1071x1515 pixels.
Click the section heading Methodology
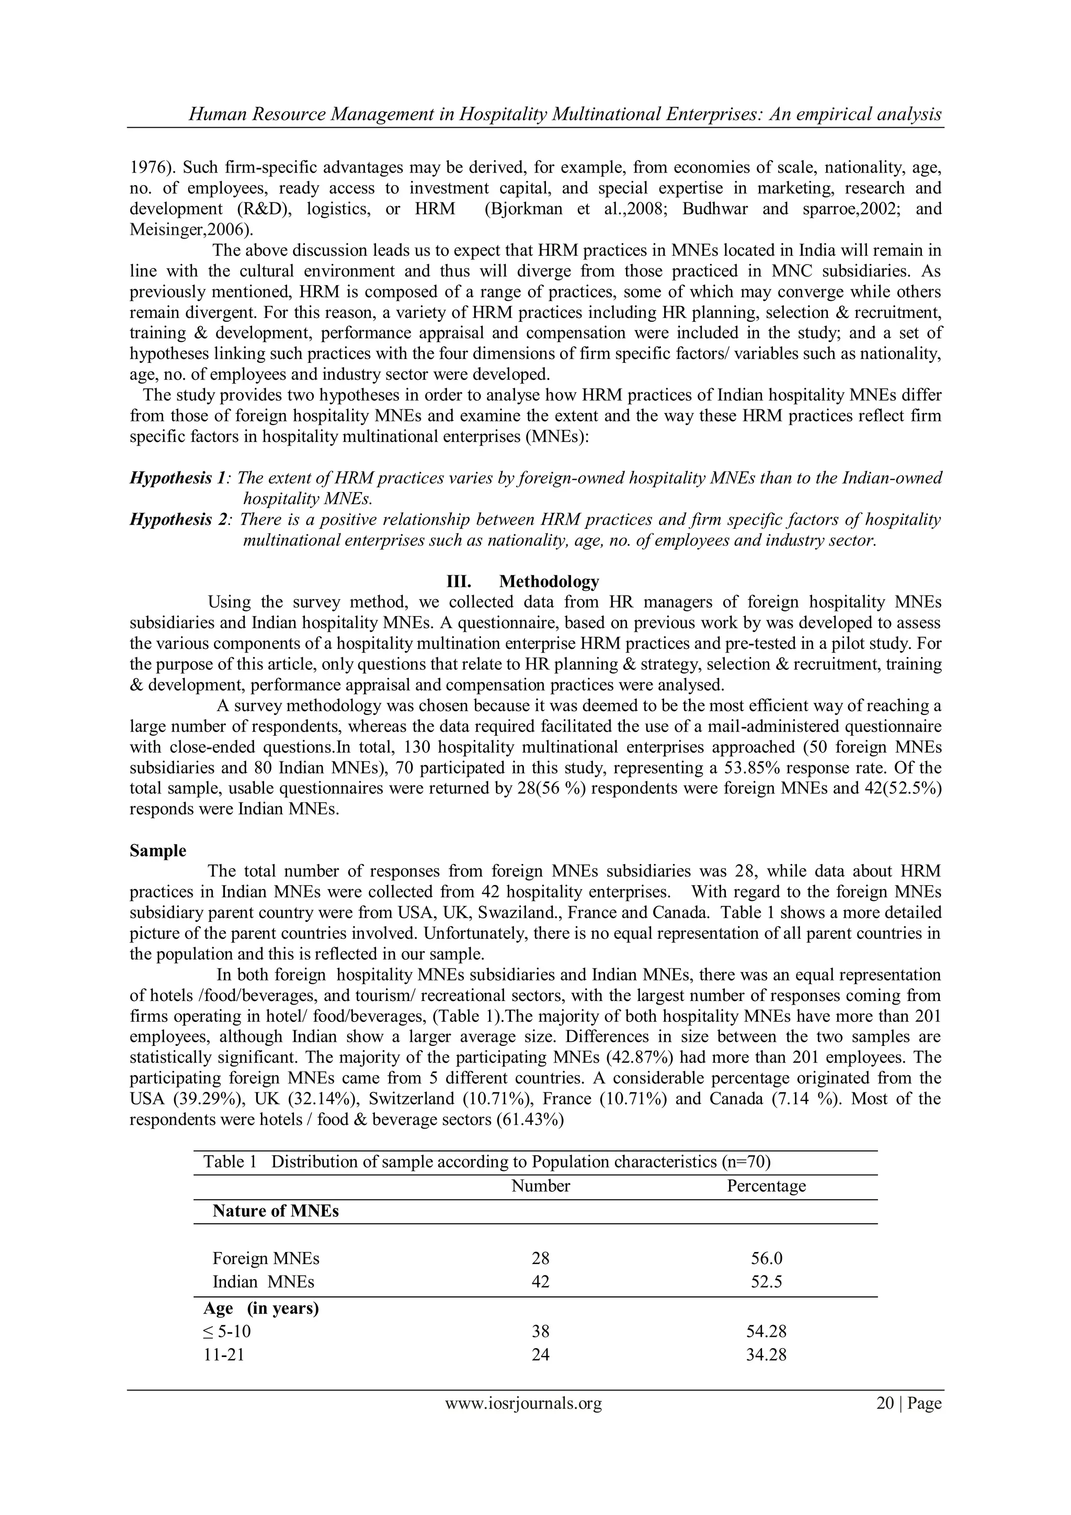[x=549, y=582]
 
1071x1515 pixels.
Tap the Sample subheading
[x=158, y=850]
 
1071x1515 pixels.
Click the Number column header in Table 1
[x=540, y=1204]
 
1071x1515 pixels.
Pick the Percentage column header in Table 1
[x=766, y=1204]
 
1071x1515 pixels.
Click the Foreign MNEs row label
[x=266, y=1258]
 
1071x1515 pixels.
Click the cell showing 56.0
[x=766, y=1258]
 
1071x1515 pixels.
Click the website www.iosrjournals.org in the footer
[x=523, y=1421]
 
